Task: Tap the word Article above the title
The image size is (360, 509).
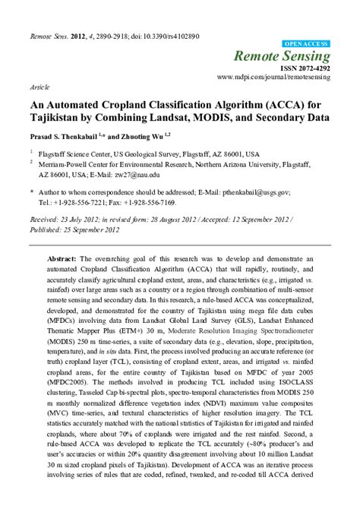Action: click(x=40, y=88)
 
